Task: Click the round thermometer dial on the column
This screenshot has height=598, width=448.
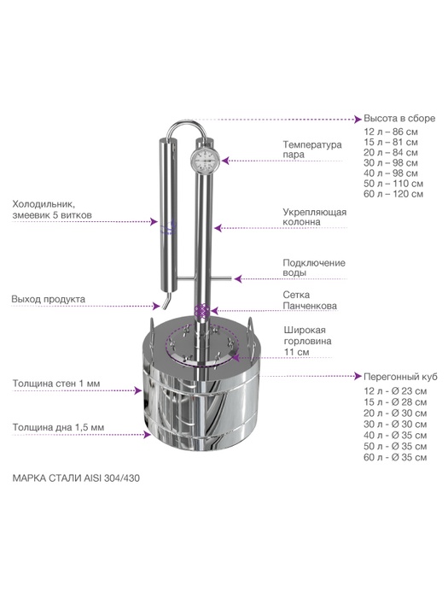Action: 202,161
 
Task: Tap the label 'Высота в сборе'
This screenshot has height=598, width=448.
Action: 399,119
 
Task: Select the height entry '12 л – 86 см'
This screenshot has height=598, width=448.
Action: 391,132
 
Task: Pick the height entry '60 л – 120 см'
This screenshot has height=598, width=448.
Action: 393,194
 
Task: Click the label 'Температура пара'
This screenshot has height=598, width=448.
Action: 312,149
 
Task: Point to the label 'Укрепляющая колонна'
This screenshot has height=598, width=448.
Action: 314,217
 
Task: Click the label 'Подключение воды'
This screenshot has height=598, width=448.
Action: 314,267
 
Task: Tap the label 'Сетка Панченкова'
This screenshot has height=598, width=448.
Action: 310,300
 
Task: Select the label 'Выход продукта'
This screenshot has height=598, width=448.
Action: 48,299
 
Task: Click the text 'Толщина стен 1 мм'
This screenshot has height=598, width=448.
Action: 56,384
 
